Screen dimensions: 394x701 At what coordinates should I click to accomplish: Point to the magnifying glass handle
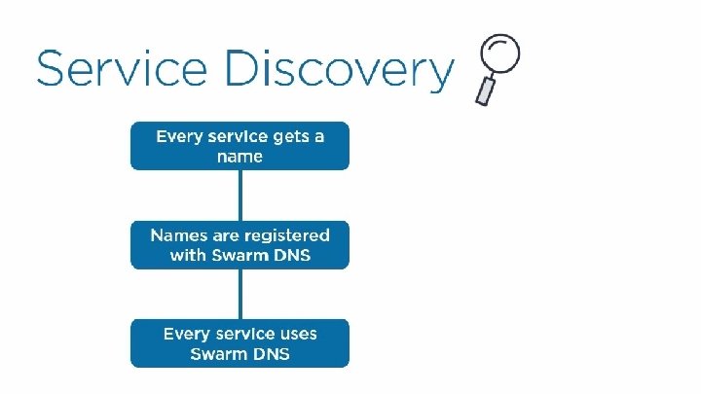tap(484, 90)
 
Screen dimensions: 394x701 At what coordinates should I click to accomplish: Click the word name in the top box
tap(240, 156)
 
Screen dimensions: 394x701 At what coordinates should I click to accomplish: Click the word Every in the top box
tap(179, 137)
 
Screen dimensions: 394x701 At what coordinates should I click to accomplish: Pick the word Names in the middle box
tap(179, 235)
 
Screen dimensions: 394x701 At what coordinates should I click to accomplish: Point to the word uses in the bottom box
tap(295, 334)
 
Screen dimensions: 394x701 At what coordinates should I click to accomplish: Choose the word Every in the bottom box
tap(186, 334)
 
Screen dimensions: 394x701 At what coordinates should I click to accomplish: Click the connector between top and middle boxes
tap(240, 195)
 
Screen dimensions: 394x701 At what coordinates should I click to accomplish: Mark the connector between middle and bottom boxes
tap(240, 293)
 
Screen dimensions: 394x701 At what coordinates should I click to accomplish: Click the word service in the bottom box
tap(242, 334)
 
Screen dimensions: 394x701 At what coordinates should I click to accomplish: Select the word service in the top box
tap(234, 137)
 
